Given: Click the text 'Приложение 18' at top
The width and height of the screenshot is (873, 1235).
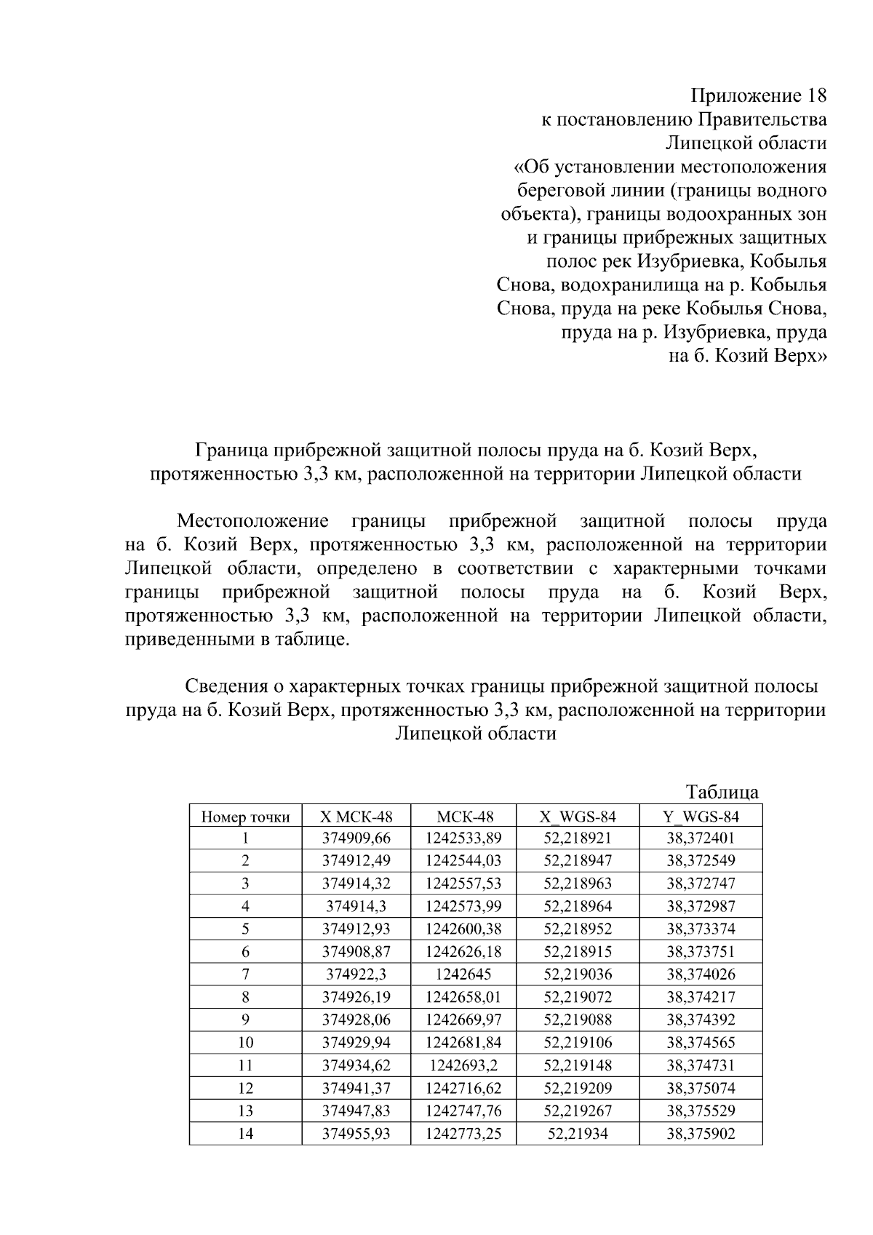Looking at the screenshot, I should point(758,96).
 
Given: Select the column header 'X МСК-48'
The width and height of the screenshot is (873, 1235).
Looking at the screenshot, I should point(356,817).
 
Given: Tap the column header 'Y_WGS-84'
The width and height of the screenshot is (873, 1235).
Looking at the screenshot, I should point(701,817).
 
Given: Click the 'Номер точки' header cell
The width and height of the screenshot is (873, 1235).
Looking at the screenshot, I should point(245,817).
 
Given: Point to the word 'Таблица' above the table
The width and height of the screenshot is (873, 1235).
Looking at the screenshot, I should point(722,792).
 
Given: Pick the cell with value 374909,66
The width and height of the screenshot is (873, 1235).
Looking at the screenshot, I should point(356,838).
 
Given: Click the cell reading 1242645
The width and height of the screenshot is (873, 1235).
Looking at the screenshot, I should point(463,974).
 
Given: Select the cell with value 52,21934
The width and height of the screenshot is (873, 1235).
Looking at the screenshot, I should point(577,1133).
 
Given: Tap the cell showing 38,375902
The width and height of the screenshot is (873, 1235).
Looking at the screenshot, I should point(701,1133).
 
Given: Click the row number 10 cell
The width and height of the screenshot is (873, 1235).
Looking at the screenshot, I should point(245,1042).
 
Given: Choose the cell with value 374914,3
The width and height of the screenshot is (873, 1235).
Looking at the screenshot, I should point(356,906).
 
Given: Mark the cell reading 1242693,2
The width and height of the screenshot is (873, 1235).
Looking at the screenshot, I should point(463,1065).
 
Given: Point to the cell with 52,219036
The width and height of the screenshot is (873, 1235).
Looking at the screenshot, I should point(577,974).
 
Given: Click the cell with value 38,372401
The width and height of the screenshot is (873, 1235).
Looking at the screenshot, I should point(701,838).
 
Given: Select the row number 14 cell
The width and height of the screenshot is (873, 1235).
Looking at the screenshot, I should point(245,1133).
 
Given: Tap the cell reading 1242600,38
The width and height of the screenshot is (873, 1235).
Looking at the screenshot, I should point(463,929).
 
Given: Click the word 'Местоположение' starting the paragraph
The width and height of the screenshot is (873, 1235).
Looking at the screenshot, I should point(252,521).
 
